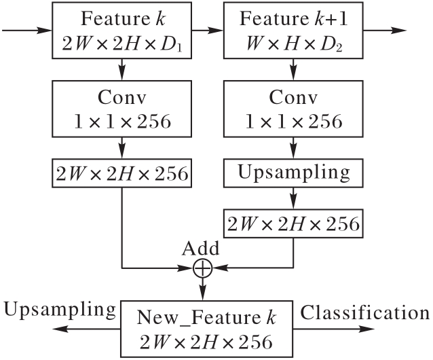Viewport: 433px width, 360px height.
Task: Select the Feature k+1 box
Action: (x=293, y=31)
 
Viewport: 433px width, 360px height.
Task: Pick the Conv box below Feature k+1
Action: (x=293, y=109)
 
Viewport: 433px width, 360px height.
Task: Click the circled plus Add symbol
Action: (x=203, y=269)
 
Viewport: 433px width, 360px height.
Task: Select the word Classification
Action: (x=365, y=313)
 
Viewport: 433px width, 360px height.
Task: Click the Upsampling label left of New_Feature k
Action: (x=60, y=310)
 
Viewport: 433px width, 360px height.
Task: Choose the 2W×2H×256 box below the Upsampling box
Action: (x=293, y=221)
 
